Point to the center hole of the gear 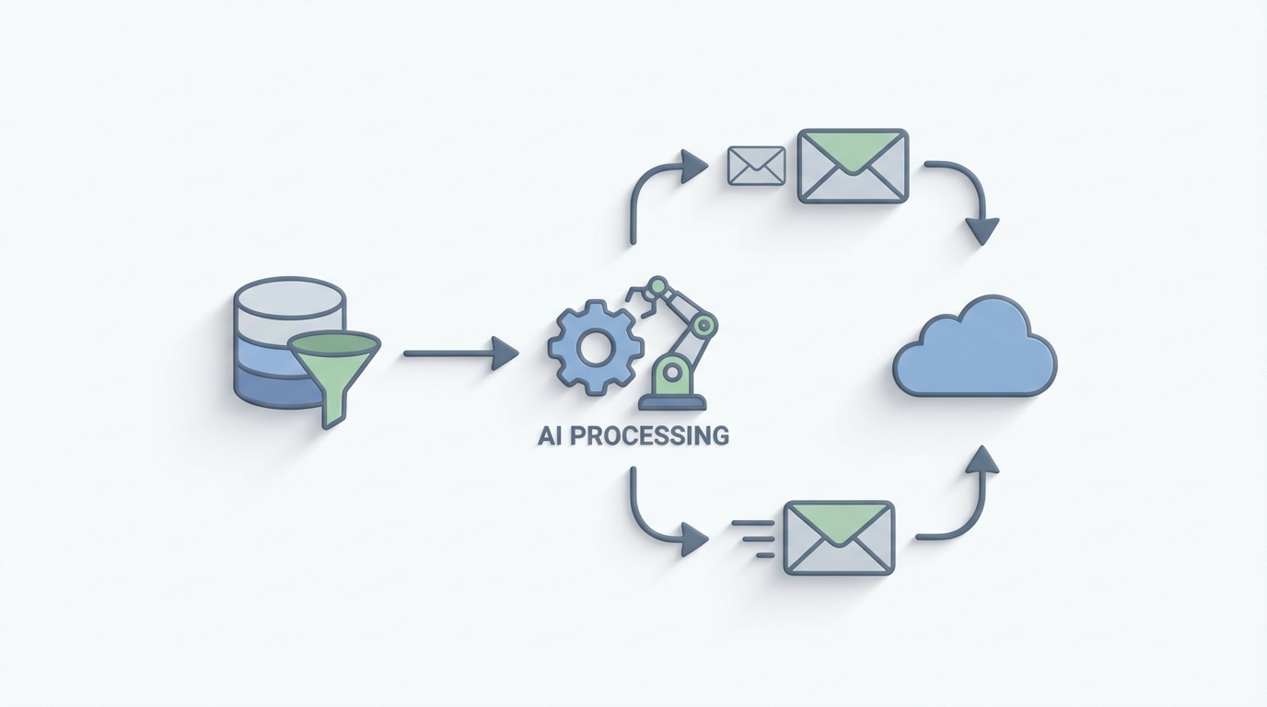[595, 349]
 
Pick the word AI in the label [550, 435]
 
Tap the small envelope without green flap [756, 166]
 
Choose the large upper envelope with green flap [853, 166]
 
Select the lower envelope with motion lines [838, 538]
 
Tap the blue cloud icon [975, 350]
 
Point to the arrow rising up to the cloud [967, 502]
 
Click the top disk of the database [289, 296]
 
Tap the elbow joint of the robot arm [705, 324]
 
